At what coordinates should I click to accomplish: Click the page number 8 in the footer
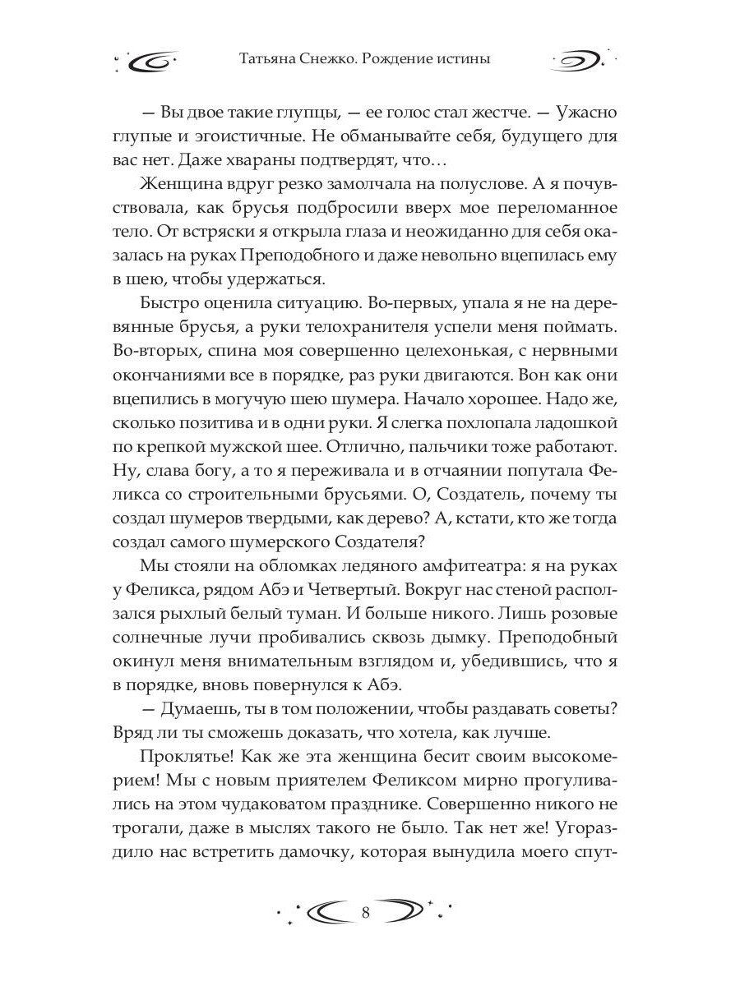pos(367,913)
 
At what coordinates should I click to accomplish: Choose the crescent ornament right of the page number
pos(405,913)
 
